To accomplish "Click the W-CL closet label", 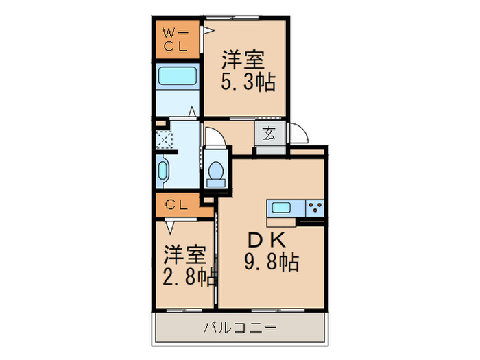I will (176, 40).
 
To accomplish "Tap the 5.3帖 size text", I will (248, 83).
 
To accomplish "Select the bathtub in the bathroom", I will (176, 77).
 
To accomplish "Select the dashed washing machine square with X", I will (165, 141).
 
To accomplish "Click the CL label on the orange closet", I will (176, 204).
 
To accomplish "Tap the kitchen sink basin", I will (282, 208).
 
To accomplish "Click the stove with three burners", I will (313, 208).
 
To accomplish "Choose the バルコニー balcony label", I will (240, 328).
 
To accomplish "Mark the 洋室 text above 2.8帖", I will (184, 255).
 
